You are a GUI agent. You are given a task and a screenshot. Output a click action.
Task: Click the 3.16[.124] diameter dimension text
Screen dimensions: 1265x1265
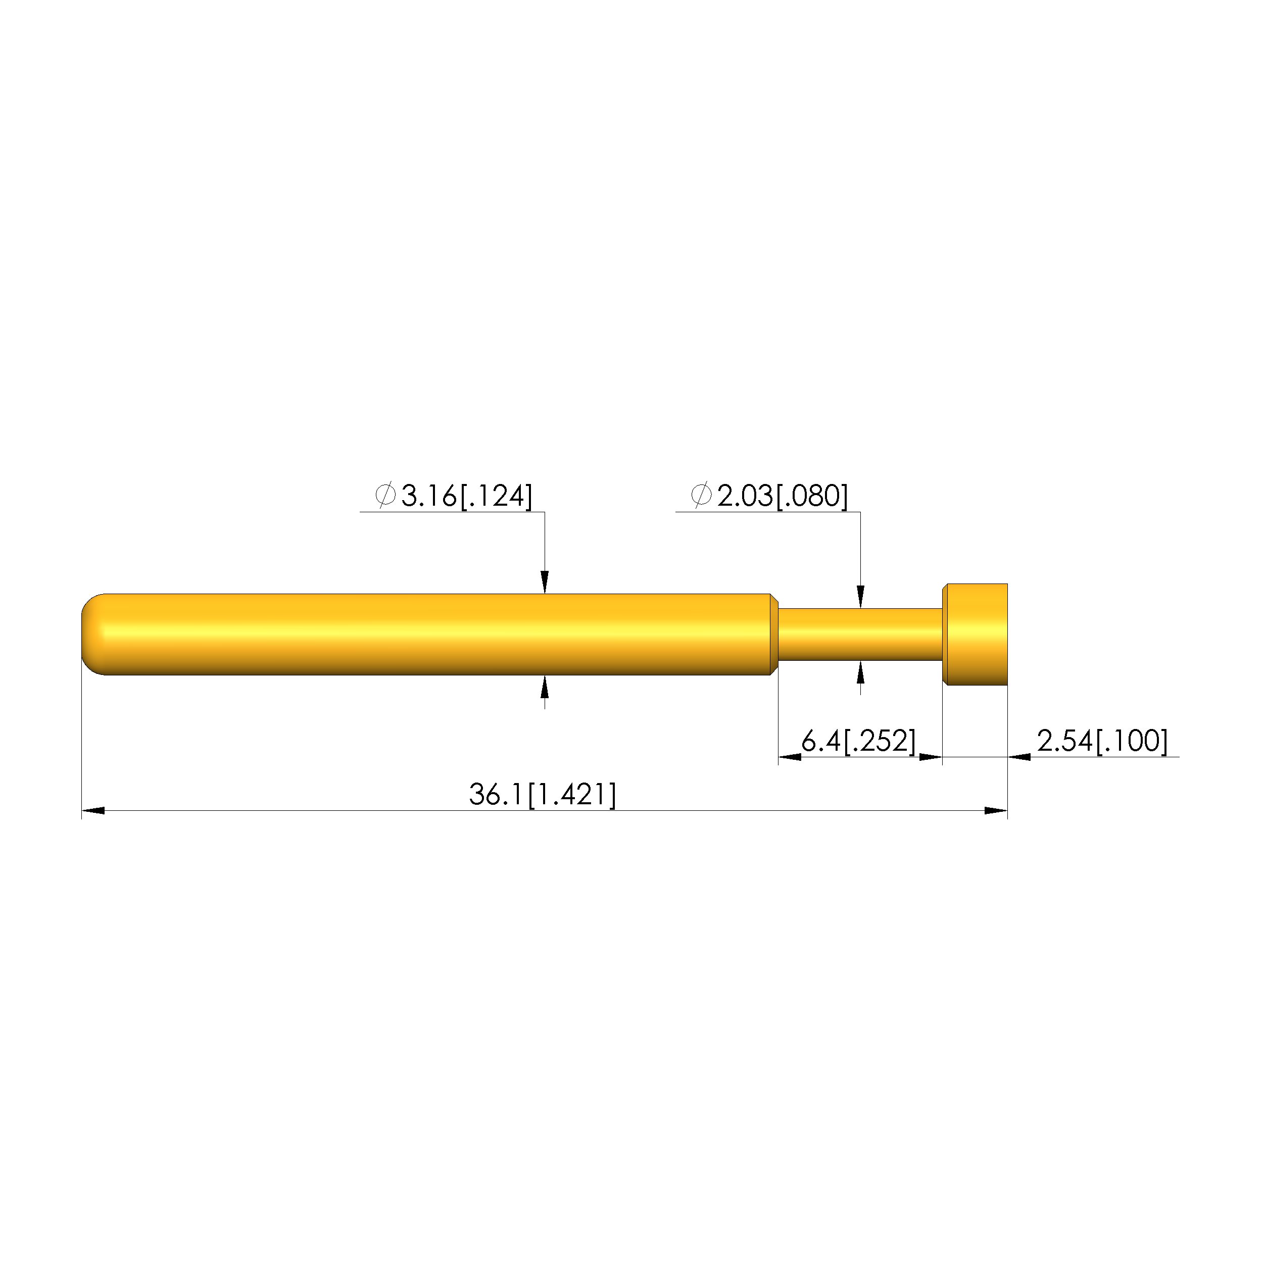click(x=467, y=496)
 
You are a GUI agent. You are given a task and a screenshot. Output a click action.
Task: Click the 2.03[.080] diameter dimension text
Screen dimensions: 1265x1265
click(x=783, y=496)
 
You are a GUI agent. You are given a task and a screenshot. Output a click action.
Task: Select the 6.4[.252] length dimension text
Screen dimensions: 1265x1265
click(x=858, y=741)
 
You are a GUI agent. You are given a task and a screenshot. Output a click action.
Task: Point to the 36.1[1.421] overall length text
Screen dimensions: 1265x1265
click(x=543, y=795)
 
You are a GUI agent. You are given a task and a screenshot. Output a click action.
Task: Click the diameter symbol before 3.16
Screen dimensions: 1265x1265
click(x=385, y=495)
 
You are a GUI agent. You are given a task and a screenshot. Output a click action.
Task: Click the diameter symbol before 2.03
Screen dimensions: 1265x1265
click(x=701, y=495)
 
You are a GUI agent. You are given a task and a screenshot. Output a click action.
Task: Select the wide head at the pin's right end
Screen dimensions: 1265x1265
click(x=975, y=635)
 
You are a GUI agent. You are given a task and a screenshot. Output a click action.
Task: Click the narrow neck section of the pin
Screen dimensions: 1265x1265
click(x=860, y=635)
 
